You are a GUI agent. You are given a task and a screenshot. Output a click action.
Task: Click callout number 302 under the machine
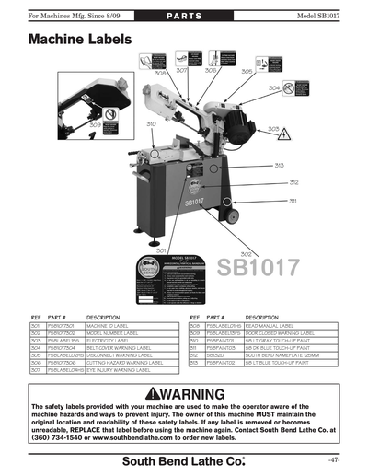[x=246, y=253]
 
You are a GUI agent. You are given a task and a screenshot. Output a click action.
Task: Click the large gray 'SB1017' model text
[x=259, y=268]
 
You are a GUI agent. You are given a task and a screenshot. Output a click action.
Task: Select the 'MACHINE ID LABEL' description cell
[x=111, y=326]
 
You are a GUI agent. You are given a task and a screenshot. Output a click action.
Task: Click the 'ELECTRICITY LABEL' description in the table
[x=109, y=340]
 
